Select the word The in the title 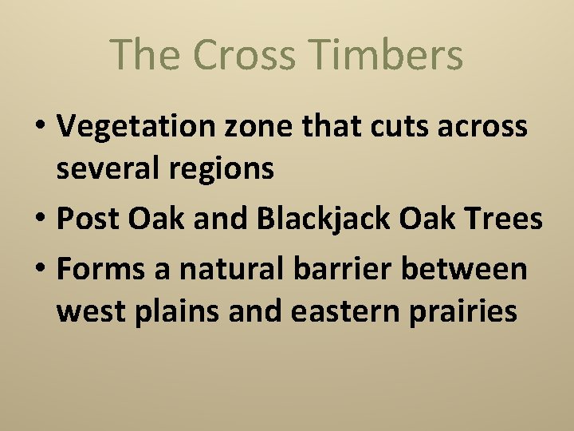(144, 55)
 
